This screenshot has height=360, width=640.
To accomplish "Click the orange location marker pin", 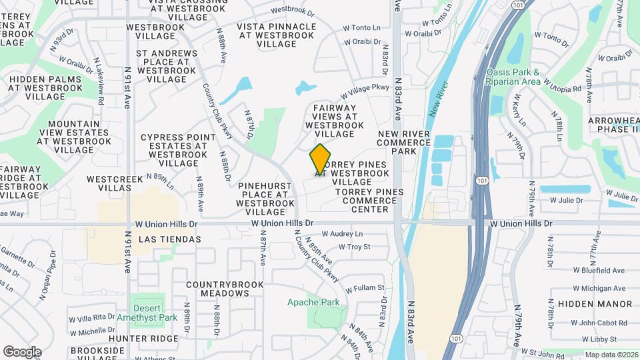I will pos(321,159).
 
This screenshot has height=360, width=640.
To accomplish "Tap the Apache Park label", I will pos(313,302).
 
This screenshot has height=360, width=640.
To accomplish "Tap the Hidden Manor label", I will pos(595,304).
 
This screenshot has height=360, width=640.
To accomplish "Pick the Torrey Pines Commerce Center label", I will pos(371,201).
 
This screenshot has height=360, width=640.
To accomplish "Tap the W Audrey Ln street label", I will pos(342,234).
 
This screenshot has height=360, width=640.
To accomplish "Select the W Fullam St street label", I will pos(365,288).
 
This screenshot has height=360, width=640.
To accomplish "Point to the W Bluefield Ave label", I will pos(599,271).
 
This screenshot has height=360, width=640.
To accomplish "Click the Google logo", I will pos(22,351).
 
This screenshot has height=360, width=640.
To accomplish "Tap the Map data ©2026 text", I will pos(610,355).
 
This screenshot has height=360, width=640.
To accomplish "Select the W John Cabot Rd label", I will pos(597,323).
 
